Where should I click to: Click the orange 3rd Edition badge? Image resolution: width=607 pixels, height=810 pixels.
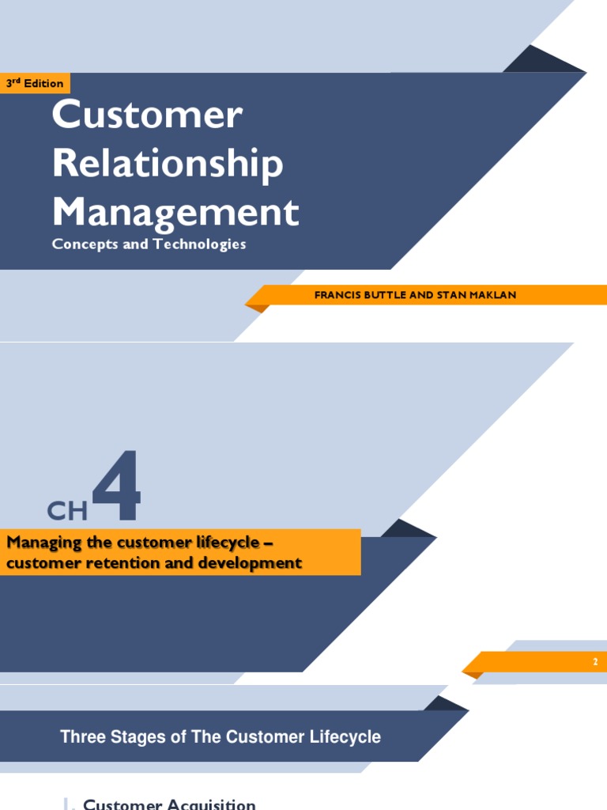[x=35, y=83]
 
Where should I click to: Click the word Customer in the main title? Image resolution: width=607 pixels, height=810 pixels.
[x=147, y=115]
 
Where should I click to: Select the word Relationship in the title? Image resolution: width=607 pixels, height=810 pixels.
[x=168, y=164]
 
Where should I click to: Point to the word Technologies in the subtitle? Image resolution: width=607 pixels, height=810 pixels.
[x=200, y=244]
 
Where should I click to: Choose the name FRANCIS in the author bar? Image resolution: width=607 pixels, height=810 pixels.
[x=339, y=295]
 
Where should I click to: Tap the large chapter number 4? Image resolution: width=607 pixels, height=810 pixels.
[x=117, y=486]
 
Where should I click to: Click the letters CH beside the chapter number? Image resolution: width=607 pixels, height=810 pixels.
[x=67, y=511]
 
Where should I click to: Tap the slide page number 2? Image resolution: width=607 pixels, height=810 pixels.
[x=595, y=661]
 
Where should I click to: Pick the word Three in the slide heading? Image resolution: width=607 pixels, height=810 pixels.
[x=81, y=737]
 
